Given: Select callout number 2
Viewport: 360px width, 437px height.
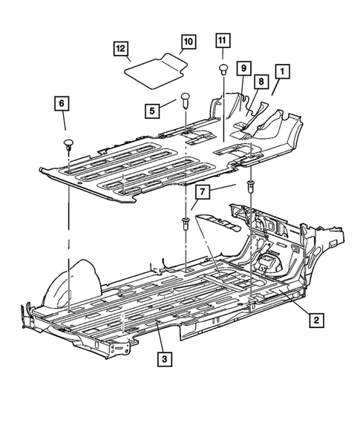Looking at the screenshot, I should pyautogui.click(x=315, y=320).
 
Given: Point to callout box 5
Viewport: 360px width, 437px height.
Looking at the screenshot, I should pyautogui.click(x=151, y=111).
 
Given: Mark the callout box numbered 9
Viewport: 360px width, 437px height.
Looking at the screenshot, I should pyautogui.click(x=242, y=68).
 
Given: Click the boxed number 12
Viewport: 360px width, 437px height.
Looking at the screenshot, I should pyautogui.click(x=120, y=48).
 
